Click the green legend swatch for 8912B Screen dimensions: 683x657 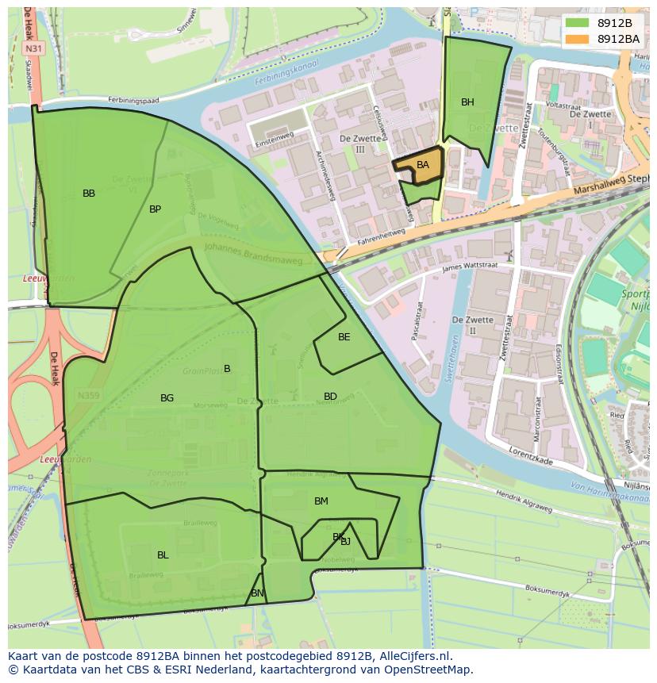pyautogui.click(x=578, y=23)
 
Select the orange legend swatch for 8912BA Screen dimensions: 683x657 pyautogui.click(x=578, y=38)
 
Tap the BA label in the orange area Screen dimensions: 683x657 pyautogui.click(x=423, y=165)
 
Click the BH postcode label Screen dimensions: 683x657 pyautogui.click(x=467, y=102)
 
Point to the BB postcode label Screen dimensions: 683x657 pyautogui.click(x=89, y=194)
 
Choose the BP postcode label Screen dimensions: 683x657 pyautogui.click(x=155, y=209)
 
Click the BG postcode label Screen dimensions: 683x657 pyautogui.click(x=167, y=398)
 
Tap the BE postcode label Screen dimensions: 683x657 pyautogui.click(x=344, y=337)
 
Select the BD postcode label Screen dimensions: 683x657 pyautogui.click(x=330, y=397)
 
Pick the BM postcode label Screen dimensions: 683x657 pyautogui.click(x=321, y=501)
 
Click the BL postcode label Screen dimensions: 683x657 pyautogui.click(x=163, y=555)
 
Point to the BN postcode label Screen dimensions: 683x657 pyautogui.click(x=257, y=593)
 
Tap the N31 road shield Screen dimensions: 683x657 pyautogui.click(x=33, y=48)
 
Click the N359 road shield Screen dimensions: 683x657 pyautogui.click(x=88, y=394)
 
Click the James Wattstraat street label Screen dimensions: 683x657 pyautogui.click(x=469, y=269)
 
